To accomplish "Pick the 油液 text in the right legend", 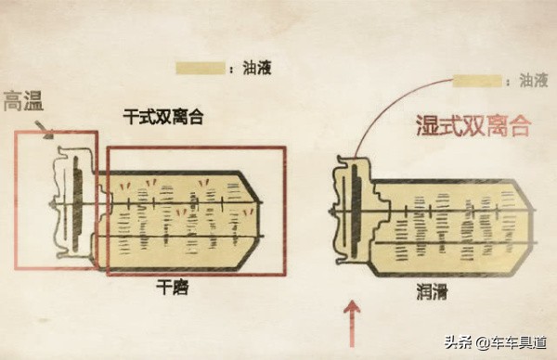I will click(532, 81).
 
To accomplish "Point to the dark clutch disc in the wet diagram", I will click(351, 210).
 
